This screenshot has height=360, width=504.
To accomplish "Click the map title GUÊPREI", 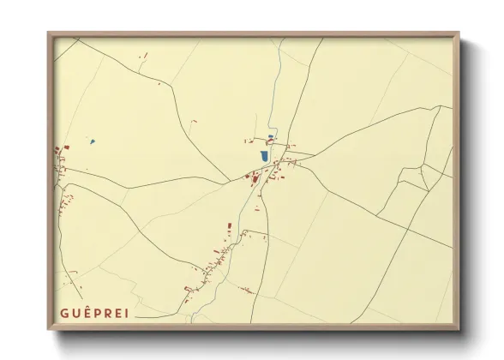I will [95, 312].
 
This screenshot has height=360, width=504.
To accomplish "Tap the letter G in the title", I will [65, 312].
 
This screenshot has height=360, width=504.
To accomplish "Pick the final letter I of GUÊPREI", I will [126, 312].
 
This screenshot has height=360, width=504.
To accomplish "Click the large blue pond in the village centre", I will [265, 157].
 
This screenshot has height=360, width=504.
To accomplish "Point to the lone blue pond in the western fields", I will [92, 141].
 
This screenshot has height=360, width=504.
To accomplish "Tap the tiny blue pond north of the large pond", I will [271, 137].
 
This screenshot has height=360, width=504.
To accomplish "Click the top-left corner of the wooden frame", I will [49, 34].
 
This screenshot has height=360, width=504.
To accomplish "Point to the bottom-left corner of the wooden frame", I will [49, 328].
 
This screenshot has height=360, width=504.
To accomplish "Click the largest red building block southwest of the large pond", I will [255, 178].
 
